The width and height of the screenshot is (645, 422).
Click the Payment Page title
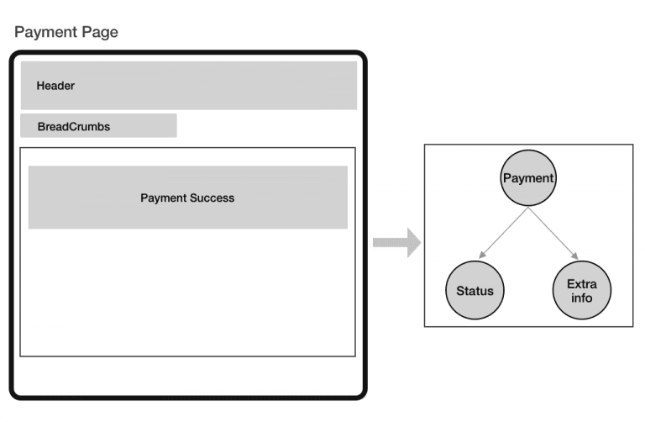pos(66,33)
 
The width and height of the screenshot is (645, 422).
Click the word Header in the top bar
pos(56,86)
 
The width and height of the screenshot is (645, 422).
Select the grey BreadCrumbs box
pos(98,125)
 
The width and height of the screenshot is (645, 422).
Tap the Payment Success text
pos(187,198)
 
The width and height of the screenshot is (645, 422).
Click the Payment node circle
pos(528,178)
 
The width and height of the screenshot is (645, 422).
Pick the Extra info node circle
pos(582,291)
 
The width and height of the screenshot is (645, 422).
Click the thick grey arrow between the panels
pos(396,243)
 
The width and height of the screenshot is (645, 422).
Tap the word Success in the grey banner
pos(212,198)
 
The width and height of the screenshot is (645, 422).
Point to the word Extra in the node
pos(582,285)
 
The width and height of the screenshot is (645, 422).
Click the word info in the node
pos(582,298)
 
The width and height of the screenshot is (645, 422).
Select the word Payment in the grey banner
pos(163,198)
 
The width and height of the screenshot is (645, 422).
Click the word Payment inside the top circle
pos(528,178)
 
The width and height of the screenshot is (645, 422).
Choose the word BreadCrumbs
pos(74,126)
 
